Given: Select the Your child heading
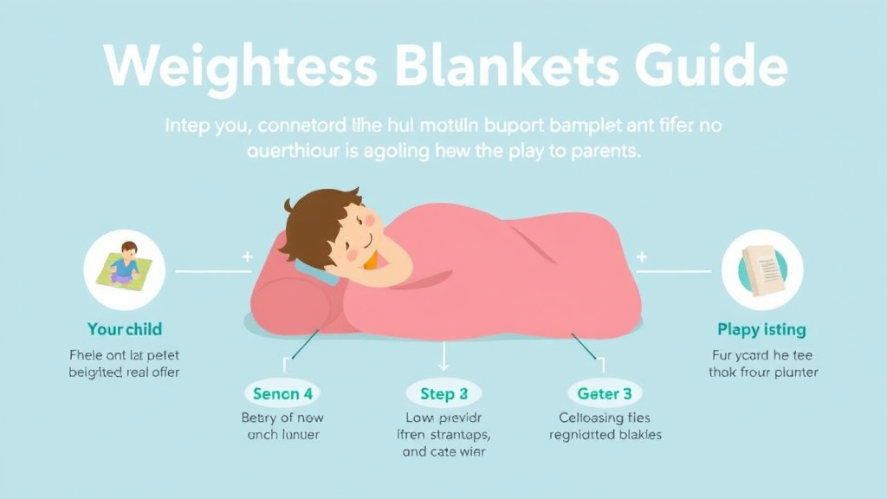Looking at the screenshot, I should (x=125, y=329).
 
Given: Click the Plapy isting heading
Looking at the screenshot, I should (x=761, y=329).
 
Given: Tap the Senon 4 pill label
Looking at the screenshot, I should (x=282, y=394).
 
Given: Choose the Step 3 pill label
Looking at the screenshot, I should (x=443, y=394).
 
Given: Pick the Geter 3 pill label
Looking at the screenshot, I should (x=605, y=394).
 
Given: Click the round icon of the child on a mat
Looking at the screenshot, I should (x=124, y=269).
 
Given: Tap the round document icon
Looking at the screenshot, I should (x=761, y=269).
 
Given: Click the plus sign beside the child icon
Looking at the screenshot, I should (x=248, y=257).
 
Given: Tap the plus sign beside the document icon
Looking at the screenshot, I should (x=642, y=257).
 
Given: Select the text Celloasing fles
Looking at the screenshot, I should (x=605, y=418).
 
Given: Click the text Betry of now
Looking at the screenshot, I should (x=282, y=418).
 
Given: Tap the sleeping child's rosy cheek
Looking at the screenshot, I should (x=355, y=254).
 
